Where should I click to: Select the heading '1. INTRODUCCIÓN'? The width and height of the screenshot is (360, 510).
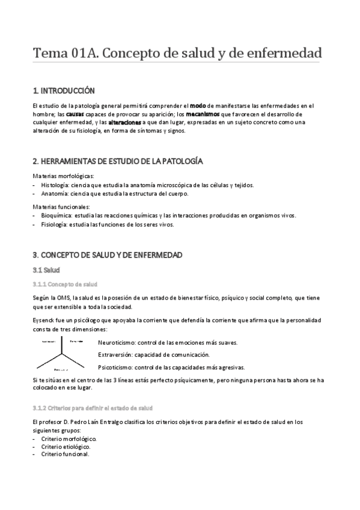coord(64,91)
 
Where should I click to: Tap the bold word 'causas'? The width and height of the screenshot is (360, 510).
coord(76,114)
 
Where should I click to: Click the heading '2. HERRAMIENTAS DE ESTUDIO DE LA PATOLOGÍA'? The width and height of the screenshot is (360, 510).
coord(117,161)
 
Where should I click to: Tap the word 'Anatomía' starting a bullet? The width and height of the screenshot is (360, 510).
coord(56,194)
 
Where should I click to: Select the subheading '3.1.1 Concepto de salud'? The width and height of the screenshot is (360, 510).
coord(65,284)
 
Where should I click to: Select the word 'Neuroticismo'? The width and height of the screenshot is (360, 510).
coord(116,343)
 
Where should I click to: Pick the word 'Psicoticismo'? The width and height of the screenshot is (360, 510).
coord(115,367)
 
